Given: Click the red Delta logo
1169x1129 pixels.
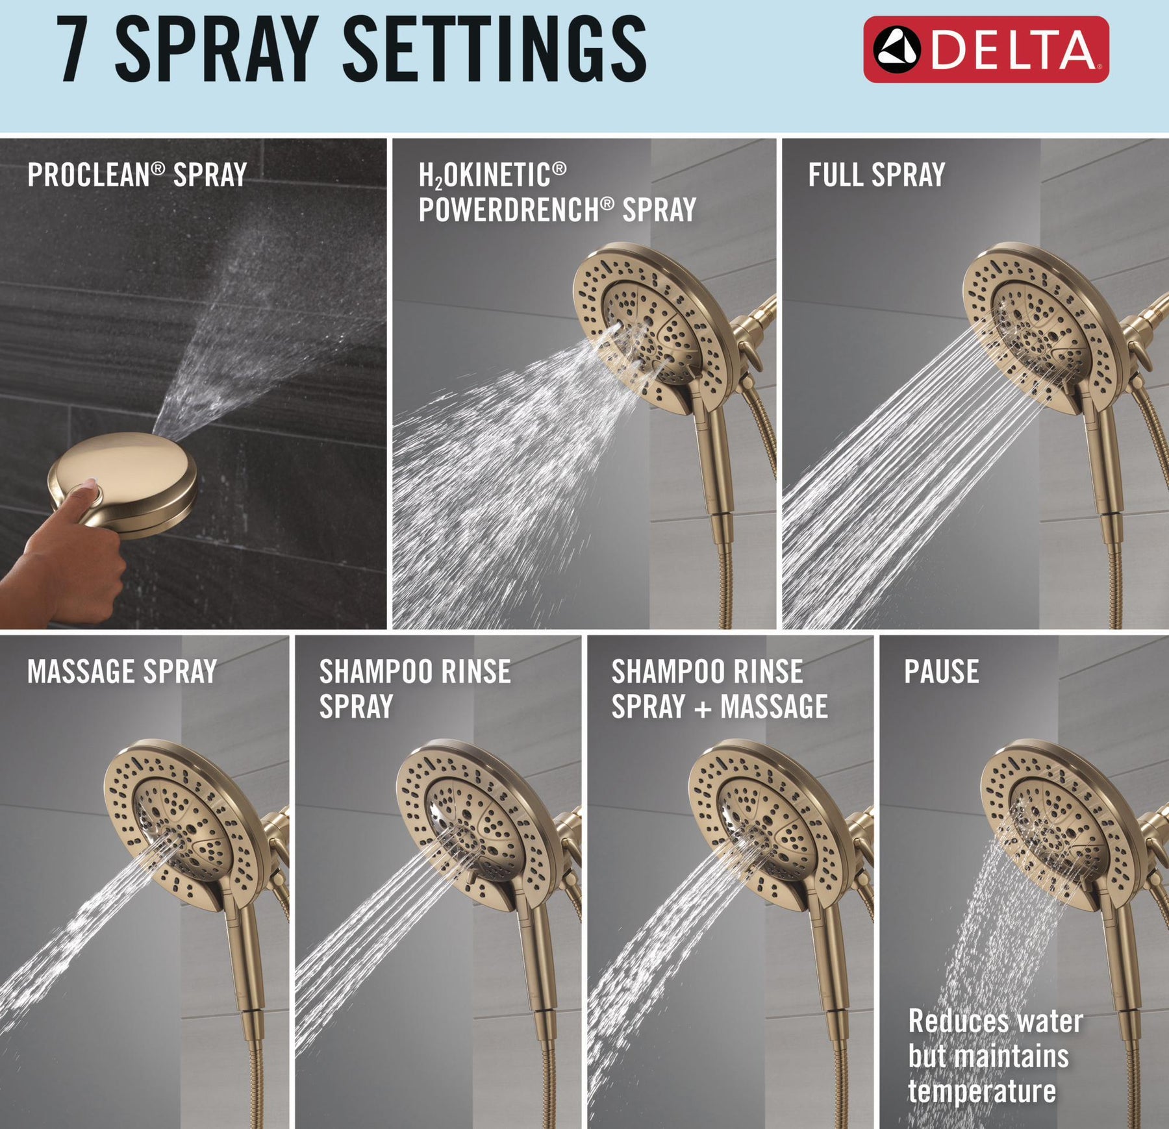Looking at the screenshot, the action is tap(986, 49).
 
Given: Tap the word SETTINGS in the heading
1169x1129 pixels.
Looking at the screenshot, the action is tap(495, 49).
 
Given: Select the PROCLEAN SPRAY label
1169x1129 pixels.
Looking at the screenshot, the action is tap(137, 175).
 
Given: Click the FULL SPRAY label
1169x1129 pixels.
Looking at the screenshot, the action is tap(876, 175).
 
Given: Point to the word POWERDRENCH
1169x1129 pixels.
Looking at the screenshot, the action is tap(516, 210).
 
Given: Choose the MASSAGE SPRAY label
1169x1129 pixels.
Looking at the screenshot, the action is tap(122, 671).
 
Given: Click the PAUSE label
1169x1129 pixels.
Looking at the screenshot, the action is tap(942, 671).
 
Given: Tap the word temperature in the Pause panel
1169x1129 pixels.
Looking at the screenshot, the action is tap(982, 1090).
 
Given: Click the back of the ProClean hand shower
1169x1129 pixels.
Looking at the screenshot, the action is tap(123, 480).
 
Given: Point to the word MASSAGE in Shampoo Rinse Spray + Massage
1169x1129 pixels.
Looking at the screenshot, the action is tap(774, 706).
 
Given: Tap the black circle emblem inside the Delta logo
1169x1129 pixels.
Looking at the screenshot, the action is tap(897, 49).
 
